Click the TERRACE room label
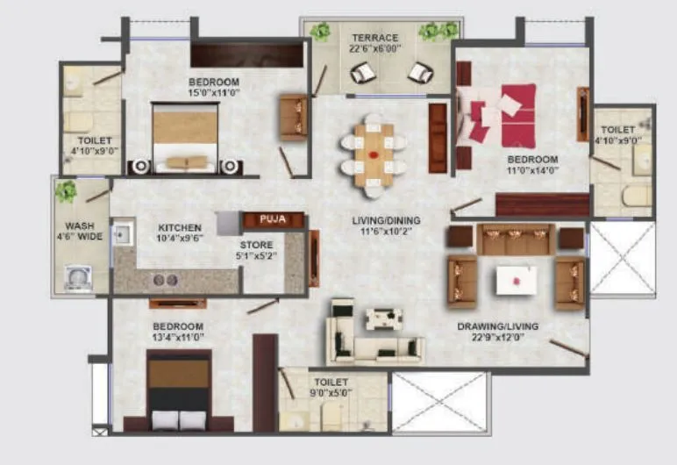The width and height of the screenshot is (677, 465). pos(375,38)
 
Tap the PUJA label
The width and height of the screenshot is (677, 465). pos(261,220)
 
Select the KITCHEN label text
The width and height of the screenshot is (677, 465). pos(180,227)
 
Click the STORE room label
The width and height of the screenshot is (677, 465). pos(257,245)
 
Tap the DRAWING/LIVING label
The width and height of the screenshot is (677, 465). pos(498,326)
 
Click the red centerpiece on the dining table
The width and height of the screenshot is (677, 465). pos(374,155)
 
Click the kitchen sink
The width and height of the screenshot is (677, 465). pos(123,234)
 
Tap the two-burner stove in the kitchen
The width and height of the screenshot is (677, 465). pos(166,280)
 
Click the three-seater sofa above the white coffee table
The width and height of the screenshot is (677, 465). pos(516,238)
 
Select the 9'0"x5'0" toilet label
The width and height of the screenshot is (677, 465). pos(330,388)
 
